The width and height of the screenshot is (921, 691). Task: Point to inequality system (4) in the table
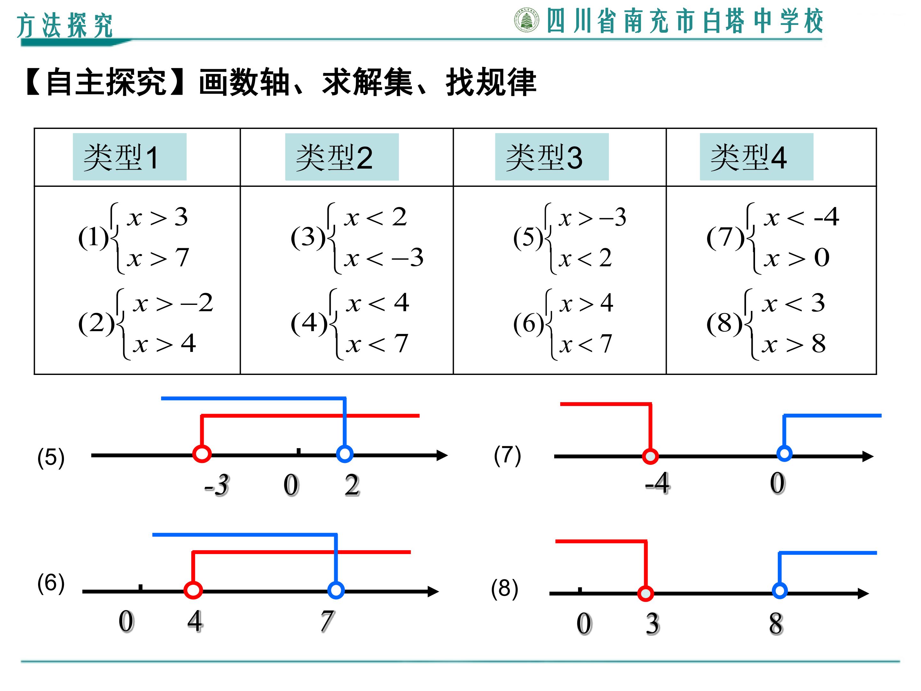tap(350, 324)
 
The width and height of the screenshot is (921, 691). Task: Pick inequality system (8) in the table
tap(766, 324)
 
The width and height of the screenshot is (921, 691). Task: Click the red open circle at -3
tap(202, 454)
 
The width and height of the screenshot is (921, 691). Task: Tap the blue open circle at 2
tap(344, 454)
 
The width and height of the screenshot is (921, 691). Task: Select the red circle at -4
tap(650, 457)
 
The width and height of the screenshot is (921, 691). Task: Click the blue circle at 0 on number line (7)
tap(784, 453)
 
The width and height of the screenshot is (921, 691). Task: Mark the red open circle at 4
tap(193, 590)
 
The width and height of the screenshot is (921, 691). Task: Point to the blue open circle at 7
tap(336, 590)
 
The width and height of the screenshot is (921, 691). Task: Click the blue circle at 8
tap(779, 591)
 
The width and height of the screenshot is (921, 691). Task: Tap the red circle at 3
tap(645, 593)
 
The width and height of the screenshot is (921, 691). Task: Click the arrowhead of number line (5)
tap(443, 455)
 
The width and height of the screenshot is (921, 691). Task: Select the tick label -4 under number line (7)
tap(657, 483)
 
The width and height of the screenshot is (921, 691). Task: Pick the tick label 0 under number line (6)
tap(127, 622)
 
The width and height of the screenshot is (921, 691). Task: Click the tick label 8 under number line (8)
tap(776, 624)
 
